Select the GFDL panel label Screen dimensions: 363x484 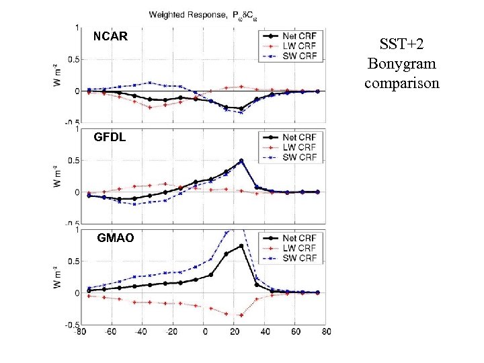coord(110,136)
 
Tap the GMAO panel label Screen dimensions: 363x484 coord(115,238)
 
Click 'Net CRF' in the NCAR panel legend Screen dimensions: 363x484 coord(299,36)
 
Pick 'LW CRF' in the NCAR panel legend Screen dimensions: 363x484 coord(299,46)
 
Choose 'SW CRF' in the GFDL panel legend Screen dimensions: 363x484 coord(299,157)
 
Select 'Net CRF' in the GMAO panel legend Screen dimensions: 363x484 coord(299,238)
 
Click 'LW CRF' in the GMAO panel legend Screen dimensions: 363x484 coord(299,248)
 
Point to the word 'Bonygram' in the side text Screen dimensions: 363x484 coord(401,65)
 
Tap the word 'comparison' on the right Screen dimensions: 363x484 coord(401,83)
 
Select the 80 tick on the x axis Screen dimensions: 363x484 coord(326,331)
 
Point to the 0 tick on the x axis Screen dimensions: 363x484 coord(204,331)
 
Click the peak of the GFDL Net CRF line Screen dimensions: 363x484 coord(241,161)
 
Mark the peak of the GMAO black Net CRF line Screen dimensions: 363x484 coord(241,246)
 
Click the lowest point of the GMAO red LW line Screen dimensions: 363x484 coord(241,315)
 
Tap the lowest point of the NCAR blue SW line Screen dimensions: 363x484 coord(241,112)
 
